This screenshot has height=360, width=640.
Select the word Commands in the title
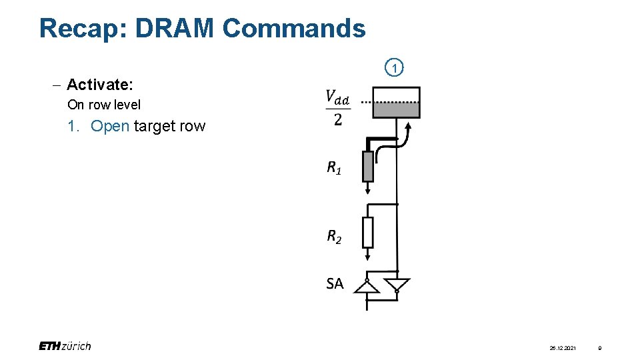click(x=294, y=29)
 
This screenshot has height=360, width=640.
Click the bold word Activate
click(x=100, y=85)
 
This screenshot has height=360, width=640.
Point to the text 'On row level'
click(x=104, y=105)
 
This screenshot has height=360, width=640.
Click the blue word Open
click(x=110, y=126)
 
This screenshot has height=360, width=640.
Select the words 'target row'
click(x=170, y=126)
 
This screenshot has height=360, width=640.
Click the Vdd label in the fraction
click(x=337, y=98)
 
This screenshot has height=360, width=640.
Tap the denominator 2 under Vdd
click(x=337, y=120)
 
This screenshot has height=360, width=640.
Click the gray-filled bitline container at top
click(x=396, y=103)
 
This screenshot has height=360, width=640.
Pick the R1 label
click(x=334, y=168)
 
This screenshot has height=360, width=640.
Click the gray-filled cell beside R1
click(x=368, y=166)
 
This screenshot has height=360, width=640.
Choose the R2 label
click(x=334, y=236)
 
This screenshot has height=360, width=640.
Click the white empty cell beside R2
click(x=368, y=232)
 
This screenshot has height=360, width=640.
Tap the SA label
click(x=335, y=283)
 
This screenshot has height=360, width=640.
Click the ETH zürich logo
click(x=65, y=346)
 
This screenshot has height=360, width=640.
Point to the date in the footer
click(x=563, y=348)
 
